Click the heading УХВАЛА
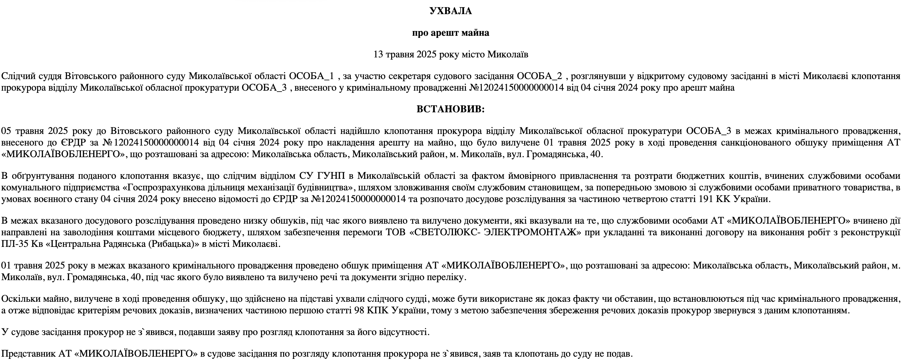pyautogui.click(x=450, y=11)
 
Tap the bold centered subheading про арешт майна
pyautogui.click(x=450, y=33)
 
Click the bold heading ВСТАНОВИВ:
pyautogui.click(x=450, y=109)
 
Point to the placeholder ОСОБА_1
pyautogui.click(x=311, y=76)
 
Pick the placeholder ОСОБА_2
pyautogui.click(x=540, y=76)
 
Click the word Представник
pyautogui.click(x=28, y=354)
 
